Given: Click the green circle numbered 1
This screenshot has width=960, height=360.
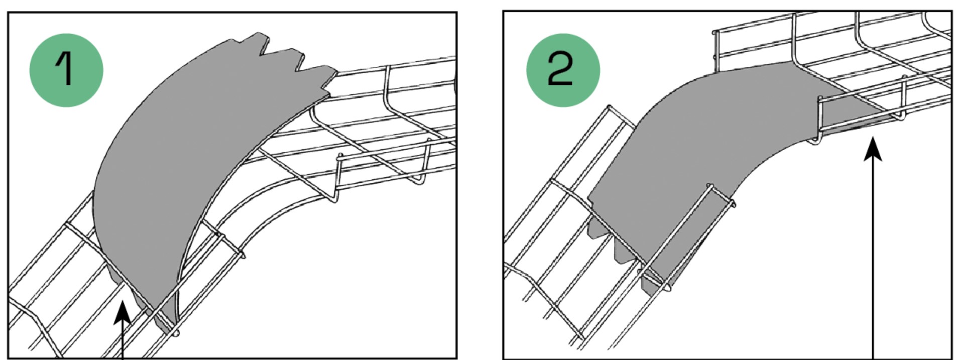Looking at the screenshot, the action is pyautogui.click(x=66, y=70).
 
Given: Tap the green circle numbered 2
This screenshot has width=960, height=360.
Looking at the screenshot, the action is pyautogui.click(x=563, y=70).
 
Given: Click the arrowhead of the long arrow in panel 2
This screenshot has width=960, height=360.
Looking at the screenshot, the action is pyautogui.click(x=873, y=150).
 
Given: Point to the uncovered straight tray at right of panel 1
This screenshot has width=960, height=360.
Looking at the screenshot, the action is pyautogui.click(x=382, y=126).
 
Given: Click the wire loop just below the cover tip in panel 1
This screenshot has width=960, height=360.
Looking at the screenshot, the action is pyautogui.click(x=176, y=332).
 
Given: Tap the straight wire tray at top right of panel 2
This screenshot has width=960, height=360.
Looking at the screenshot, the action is pyautogui.click(x=833, y=65).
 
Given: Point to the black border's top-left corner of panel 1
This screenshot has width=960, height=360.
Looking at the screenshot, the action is pyautogui.click(x=8, y=13).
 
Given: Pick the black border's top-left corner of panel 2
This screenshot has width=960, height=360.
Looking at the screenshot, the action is pyautogui.click(x=504, y=11).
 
